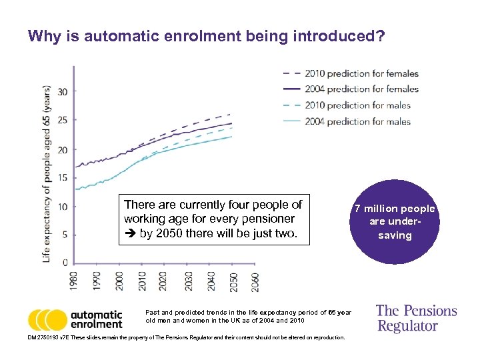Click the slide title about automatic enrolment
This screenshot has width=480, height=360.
click(206, 35)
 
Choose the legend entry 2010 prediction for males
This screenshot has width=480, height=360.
click(357, 105)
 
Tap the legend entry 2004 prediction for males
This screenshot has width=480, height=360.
click(357, 121)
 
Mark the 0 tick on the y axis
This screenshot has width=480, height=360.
click(64, 262)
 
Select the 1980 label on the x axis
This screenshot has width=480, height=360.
click(74, 281)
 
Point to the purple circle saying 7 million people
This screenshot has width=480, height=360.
click(394, 221)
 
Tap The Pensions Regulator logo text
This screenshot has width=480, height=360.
click(416, 318)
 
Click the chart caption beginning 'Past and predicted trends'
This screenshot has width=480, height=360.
click(247, 316)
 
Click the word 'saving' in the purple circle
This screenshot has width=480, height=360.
click(395, 235)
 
